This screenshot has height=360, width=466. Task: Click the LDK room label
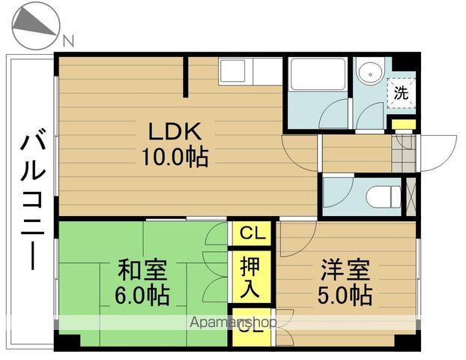tap(174, 131)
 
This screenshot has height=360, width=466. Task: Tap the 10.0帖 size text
tap(174, 157)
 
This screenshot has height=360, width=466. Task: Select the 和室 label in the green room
tap(142, 268)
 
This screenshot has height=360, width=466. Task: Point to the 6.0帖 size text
tap(142, 293)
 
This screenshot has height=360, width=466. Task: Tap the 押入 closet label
tap(251, 275)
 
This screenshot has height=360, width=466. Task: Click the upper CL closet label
tap(252, 233)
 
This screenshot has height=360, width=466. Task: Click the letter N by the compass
tap(68, 41)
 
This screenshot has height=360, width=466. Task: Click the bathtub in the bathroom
tap(315, 75)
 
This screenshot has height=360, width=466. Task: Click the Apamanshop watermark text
tap(233, 322)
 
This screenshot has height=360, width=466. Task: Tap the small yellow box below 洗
tap(403, 124)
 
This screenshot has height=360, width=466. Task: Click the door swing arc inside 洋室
tap(296, 238)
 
